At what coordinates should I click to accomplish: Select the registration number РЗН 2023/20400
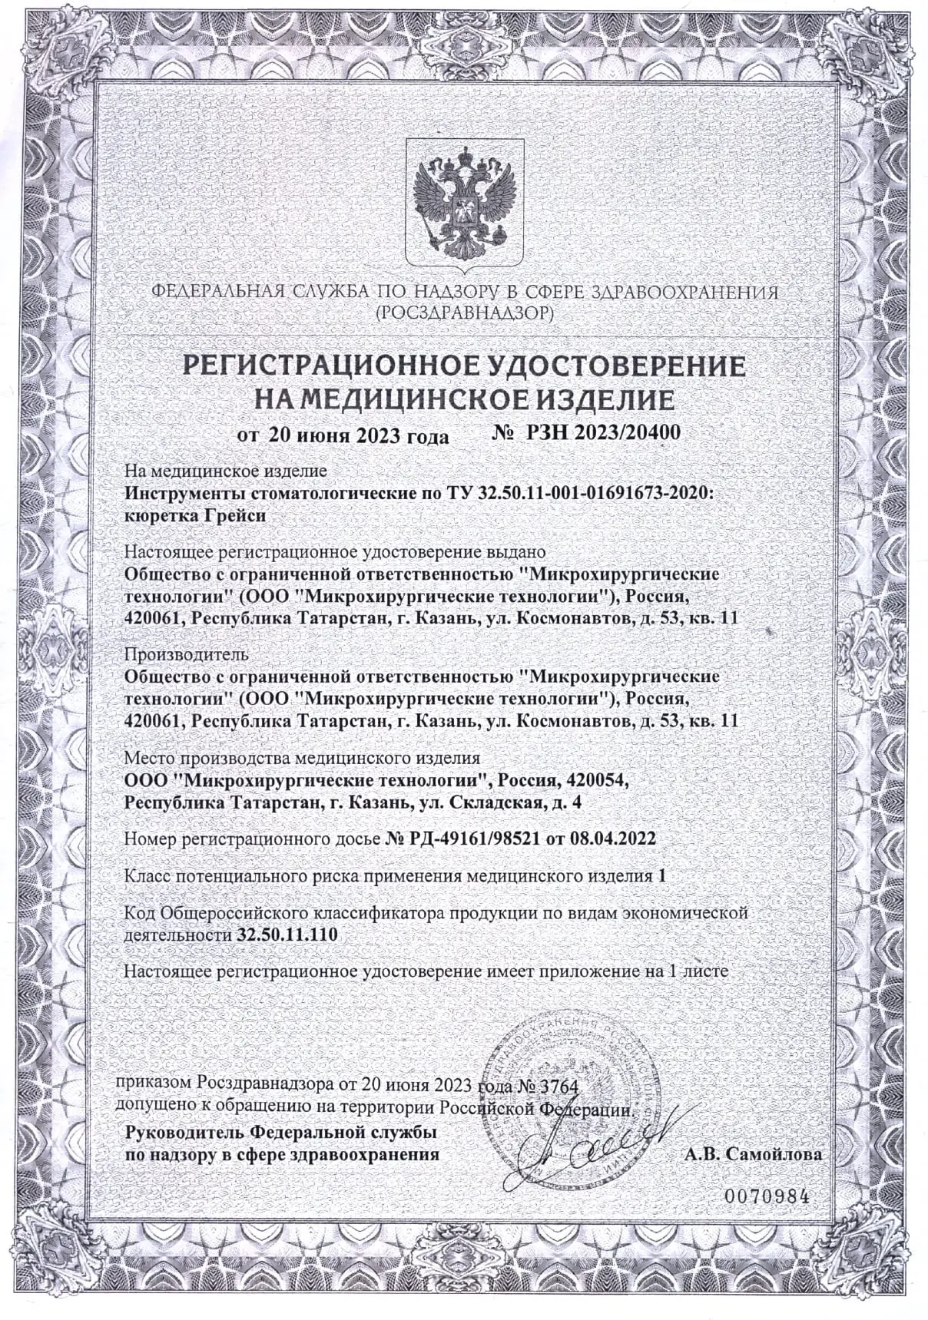603,432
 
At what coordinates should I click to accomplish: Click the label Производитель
185,654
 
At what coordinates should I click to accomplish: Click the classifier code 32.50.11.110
284,935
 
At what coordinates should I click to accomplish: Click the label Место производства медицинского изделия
302,759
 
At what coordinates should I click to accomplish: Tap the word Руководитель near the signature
181,1133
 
